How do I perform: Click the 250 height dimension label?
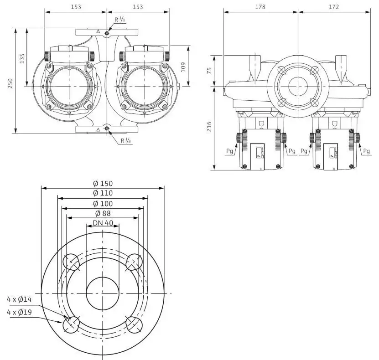pyautogui.click(x=10, y=83)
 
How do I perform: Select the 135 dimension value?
pyautogui.click(x=22, y=58)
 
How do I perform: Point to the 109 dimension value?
pyautogui.click(x=183, y=67)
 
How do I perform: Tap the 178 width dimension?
pyautogui.click(x=260, y=7)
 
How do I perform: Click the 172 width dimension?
pyautogui.click(x=334, y=7)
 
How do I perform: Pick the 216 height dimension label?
pyautogui.click(x=209, y=127)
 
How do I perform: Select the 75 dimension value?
pyautogui.click(x=209, y=71)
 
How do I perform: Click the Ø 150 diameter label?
pyautogui.click(x=103, y=184)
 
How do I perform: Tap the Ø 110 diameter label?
pyautogui.click(x=103, y=193)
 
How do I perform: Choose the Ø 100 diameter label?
pyautogui.click(x=103, y=204)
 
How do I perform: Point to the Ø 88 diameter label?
pyautogui.click(x=103, y=213)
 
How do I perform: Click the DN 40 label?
pyautogui.click(x=103, y=223)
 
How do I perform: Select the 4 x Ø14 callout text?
pyautogui.click(x=19, y=299)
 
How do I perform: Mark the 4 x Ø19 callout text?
pyautogui.click(x=19, y=312)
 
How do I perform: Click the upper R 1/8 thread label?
pyautogui.click(x=119, y=20)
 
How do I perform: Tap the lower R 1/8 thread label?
pyautogui.click(x=126, y=140)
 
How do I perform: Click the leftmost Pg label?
pyautogui.click(x=229, y=151)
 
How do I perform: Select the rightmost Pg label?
pyautogui.click(x=366, y=151)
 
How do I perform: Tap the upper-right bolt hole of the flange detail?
pyautogui.click(x=135, y=262)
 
